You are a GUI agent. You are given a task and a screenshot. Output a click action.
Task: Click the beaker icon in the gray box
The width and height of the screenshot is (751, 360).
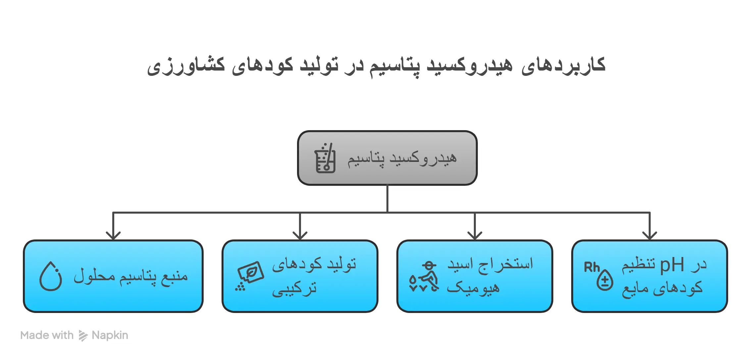[x=325, y=158]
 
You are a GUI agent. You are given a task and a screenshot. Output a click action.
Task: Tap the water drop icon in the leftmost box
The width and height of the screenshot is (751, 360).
[x=51, y=276]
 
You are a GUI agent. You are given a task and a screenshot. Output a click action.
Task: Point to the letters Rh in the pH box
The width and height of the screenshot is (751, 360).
[x=592, y=267]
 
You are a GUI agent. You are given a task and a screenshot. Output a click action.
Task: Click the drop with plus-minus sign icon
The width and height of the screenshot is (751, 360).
[x=605, y=280]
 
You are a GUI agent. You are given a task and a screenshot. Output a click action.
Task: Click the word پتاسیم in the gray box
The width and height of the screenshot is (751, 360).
[x=366, y=159]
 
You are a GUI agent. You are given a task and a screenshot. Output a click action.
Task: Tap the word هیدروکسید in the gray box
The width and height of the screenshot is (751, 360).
[x=423, y=158]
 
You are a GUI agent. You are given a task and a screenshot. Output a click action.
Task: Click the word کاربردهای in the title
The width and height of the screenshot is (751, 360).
[x=564, y=65]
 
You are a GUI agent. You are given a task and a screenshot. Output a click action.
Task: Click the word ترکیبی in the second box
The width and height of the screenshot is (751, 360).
[x=294, y=289]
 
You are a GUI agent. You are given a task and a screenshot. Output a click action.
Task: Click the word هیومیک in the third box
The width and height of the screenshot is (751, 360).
[x=473, y=287]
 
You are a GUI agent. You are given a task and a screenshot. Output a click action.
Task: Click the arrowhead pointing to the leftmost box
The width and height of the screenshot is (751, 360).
[x=113, y=235]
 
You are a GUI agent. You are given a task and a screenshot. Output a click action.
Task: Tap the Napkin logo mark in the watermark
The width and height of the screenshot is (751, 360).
[x=83, y=335]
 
